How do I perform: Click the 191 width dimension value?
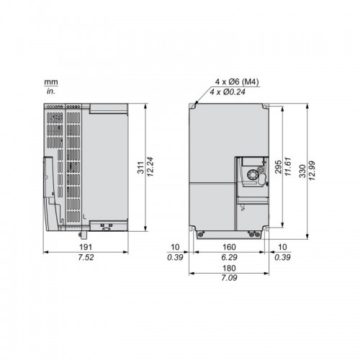pos(86,247)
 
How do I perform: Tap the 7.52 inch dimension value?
pos(86,258)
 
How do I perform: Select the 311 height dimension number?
pos(140,168)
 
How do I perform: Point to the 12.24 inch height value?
pos(150,167)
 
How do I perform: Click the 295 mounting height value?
pos(278,167)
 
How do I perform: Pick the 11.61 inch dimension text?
pos(287,166)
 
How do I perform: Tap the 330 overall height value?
pos(303,171)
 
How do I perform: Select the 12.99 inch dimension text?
pos(312,171)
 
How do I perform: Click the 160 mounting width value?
pos(229,247)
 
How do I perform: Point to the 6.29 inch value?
pos(229,257)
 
